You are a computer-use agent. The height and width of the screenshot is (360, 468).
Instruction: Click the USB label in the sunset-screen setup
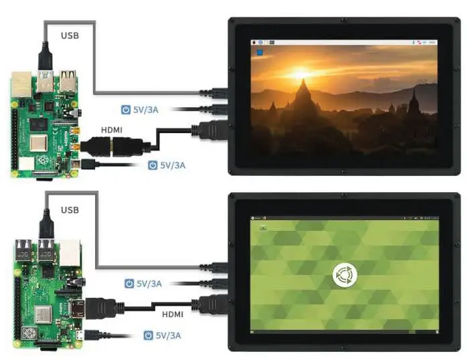(70, 33)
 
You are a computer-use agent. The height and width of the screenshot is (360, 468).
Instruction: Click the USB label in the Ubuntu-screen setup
(70, 210)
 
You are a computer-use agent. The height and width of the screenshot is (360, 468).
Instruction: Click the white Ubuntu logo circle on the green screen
(343, 275)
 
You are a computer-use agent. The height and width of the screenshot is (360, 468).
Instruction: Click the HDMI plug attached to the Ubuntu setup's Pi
(94, 308)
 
